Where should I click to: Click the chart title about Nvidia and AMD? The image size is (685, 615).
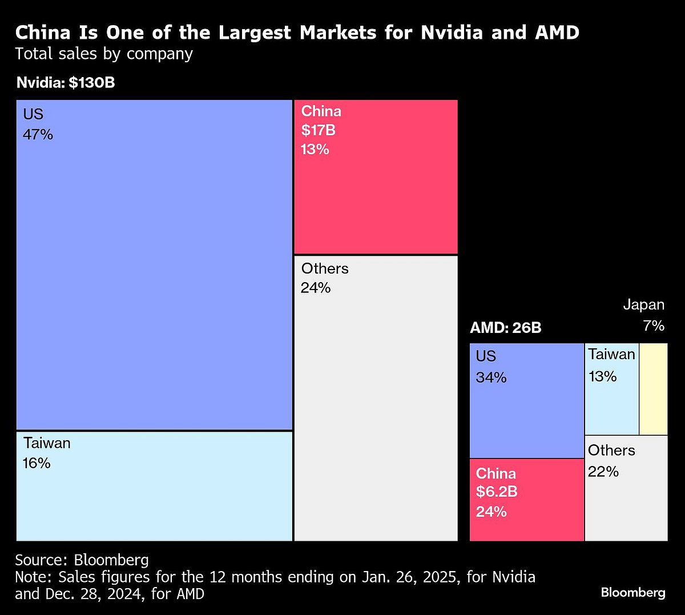click(297, 33)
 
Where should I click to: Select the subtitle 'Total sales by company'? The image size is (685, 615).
click(104, 54)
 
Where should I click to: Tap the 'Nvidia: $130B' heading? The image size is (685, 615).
click(66, 83)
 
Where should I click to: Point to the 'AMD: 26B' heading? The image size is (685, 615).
click(505, 328)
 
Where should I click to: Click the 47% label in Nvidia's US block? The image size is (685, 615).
click(38, 135)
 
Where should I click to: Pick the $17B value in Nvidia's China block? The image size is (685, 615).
click(319, 130)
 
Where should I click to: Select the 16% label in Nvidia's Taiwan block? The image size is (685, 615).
click(37, 463)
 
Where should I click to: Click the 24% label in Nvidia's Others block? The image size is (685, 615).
click(316, 288)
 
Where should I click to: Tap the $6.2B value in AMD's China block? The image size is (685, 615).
click(497, 492)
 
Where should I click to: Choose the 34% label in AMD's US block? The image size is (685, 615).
click(491, 377)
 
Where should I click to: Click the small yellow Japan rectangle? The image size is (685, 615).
click(654, 389)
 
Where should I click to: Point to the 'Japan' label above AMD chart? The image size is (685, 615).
click(643, 305)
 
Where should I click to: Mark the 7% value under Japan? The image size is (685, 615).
click(654, 325)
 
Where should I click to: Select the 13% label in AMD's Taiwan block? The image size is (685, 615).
click(603, 376)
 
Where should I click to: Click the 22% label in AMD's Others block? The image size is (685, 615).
click(603, 472)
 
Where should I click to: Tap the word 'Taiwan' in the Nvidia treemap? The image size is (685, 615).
click(47, 443)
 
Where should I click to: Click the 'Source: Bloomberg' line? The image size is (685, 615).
click(82, 560)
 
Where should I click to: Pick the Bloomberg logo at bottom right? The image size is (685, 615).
click(633, 593)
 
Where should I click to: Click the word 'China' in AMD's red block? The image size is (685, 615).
click(495, 473)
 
